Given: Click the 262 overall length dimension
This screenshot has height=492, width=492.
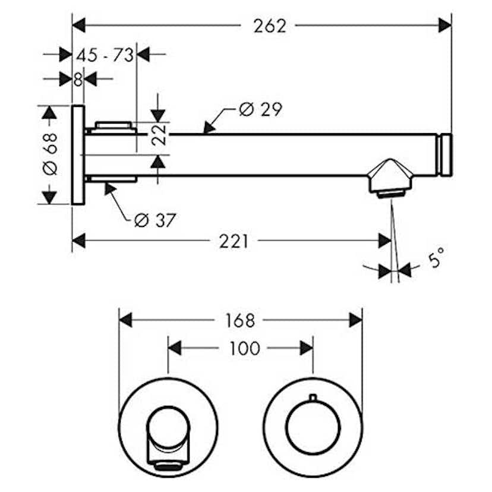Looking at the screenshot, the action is click(x=270, y=26).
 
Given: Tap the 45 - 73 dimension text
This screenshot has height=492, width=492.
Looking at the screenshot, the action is click(x=105, y=55).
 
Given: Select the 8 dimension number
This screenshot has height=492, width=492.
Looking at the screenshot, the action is click(x=78, y=80).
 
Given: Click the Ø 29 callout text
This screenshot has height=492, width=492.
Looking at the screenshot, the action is click(x=260, y=109).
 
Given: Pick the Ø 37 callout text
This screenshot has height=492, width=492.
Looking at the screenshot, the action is click(x=155, y=220).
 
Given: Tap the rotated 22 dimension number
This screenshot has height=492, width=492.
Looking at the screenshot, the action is click(x=159, y=135).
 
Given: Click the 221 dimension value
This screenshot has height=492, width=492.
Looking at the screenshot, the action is click(x=234, y=241).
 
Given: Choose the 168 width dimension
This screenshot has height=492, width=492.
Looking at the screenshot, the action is click(x=240, y=321).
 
